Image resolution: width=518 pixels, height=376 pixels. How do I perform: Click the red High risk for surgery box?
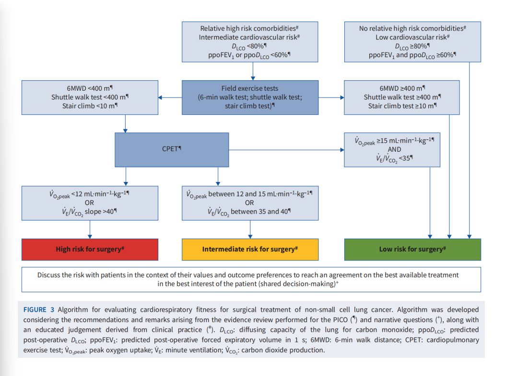90,249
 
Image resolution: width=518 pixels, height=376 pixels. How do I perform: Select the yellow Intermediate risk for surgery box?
250,249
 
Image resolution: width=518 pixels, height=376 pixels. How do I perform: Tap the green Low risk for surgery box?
412,249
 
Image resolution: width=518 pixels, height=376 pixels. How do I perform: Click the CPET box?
172,150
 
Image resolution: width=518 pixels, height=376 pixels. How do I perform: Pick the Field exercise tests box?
250,97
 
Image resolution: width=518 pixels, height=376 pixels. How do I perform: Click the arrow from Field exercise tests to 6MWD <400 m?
170,97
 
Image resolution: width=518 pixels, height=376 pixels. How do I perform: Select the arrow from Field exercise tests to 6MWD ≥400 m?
331,97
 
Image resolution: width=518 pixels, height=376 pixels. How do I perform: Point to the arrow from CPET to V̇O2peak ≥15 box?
286,150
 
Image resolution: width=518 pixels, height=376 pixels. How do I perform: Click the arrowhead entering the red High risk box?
90,236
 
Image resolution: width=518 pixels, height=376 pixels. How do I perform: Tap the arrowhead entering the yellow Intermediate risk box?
250,236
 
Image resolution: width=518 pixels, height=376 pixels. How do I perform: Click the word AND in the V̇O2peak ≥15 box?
394,149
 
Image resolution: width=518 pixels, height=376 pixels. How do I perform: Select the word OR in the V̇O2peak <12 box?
89,203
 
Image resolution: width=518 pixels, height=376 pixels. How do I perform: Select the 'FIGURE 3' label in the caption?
39,310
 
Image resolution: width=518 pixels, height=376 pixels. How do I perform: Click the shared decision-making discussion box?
251,279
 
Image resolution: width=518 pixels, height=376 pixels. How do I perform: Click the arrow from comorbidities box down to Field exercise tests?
253,71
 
